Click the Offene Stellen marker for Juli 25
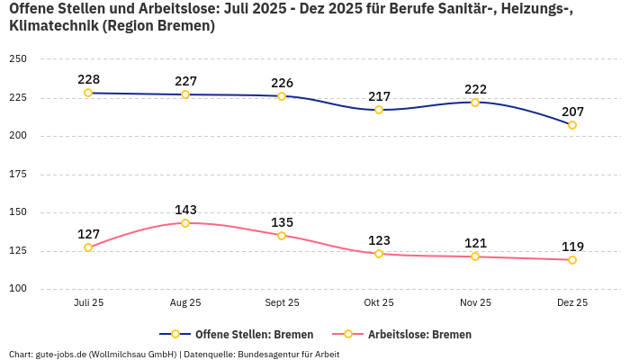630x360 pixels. click(x=88, y=93)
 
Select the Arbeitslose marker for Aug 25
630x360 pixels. click(x=185, y=223)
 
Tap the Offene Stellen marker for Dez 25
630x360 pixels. click(x=572, y=125)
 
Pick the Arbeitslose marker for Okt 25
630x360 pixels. click(x=379, y=254)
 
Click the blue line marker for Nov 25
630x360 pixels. click(x=475, y=102)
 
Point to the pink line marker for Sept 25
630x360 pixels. click(x=282, y=236)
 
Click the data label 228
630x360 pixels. click(x=88, y=79)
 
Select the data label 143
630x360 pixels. click(x=185, y=210)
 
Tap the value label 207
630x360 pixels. click(x=572, y=112)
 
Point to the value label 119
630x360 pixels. click(x=572, y=247)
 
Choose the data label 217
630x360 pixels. click(x=379, y=96)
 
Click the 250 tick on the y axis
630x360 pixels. click(x=18, y=59)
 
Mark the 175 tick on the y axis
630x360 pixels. click(x=18, y=175)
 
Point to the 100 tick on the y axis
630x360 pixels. click(x=18, y=289)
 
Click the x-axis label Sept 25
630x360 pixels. click(x=282, y=303)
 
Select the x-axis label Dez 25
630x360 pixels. click(x=572, y=303)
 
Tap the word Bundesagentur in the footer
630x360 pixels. click(x=268, y=354)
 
